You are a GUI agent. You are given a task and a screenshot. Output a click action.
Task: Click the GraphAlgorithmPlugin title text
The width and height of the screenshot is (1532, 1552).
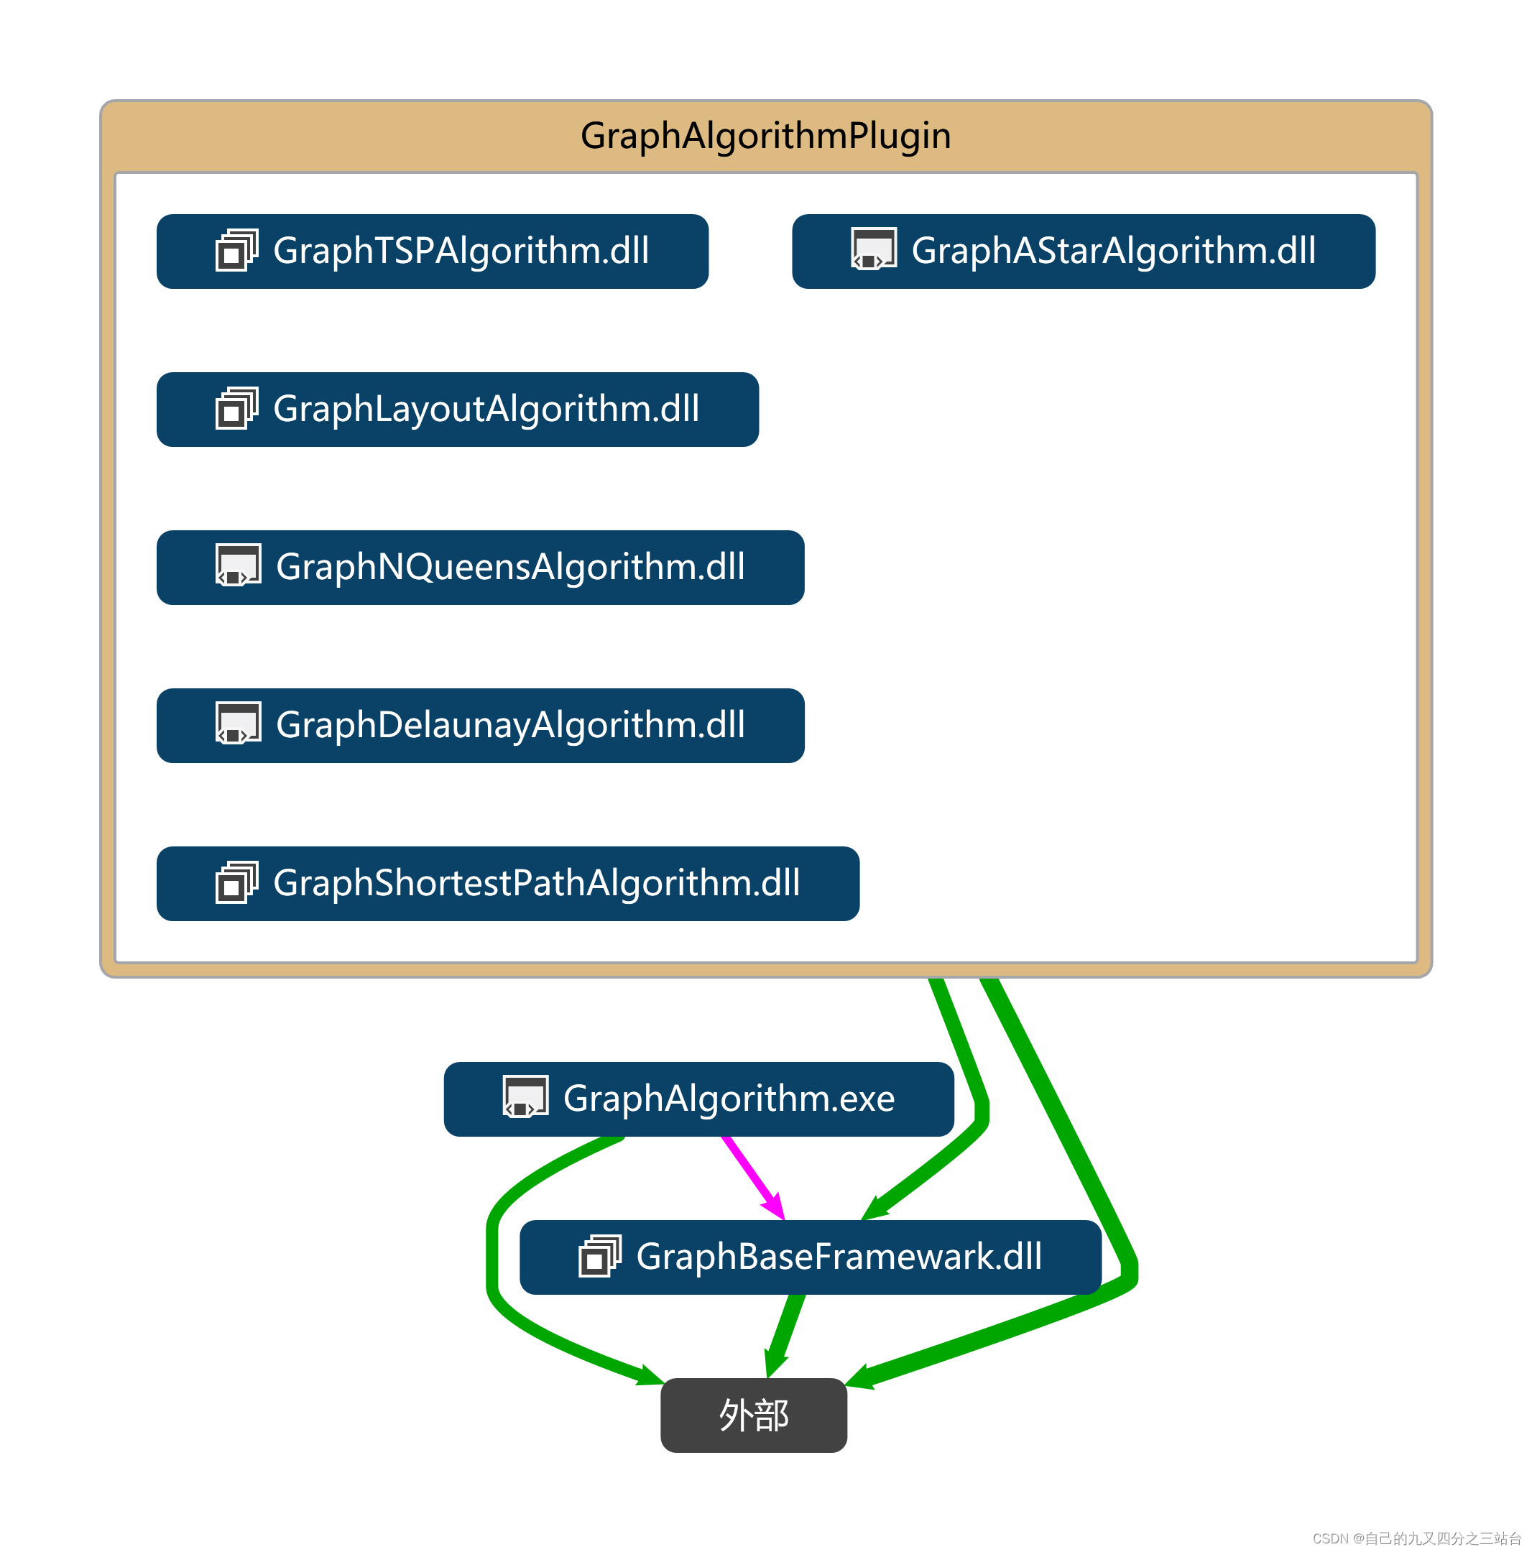click(765, 135)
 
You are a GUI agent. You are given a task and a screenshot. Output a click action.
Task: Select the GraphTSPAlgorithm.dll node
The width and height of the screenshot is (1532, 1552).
click(432, 251)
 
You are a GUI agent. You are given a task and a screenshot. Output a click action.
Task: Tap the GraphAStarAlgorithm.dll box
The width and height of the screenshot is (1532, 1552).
click(1083, 251)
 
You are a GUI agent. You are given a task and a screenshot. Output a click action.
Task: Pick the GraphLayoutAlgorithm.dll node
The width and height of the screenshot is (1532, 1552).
click(457, 409)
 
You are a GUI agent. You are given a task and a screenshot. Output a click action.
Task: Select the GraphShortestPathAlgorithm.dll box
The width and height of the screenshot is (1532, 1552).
click(508, 884)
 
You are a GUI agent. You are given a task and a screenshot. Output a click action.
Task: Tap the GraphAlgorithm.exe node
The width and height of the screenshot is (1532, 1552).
click(698, 1099)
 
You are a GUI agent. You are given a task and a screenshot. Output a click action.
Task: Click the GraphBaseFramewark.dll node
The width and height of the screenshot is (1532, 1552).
click(810, 1257)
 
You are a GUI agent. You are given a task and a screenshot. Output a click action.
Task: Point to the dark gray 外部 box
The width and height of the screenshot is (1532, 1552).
click(753, 1415)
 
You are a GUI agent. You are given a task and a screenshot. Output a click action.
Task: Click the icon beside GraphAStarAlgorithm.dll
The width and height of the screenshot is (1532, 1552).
click(873, 249)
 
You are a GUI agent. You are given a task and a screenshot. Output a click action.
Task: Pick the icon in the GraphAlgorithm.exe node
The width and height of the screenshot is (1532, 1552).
click(525, 1096)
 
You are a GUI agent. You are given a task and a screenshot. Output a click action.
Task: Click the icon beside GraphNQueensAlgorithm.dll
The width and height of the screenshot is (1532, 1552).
click(238, 565)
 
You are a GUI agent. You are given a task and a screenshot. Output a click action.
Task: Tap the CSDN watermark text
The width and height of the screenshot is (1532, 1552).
click(1416, 1538)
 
